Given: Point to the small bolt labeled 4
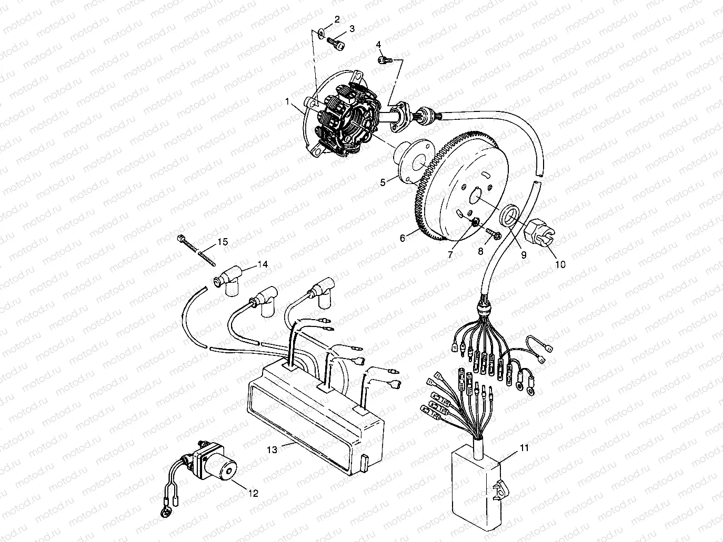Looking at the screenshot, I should click(383, 60).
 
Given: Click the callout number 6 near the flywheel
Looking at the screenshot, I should click(403, 238).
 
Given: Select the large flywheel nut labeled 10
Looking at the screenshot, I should click(542, 232).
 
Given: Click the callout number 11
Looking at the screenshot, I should click(524, 447).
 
